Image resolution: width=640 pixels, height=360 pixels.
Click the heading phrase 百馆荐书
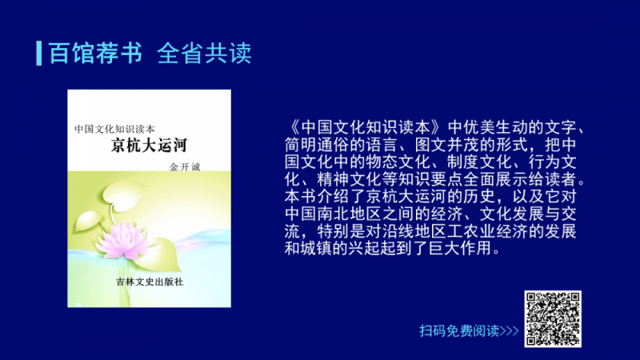pos(95,53)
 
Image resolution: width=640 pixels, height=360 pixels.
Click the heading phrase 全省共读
pos(204,53)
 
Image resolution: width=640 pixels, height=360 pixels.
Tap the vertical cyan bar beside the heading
pos(38,53)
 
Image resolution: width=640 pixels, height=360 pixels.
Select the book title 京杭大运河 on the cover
pos(149,146)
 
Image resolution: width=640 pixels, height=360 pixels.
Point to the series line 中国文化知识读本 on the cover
pos(114,129)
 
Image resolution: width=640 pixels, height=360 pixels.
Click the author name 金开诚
pos(185,166)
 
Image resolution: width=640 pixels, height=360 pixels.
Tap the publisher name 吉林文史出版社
pos(150,282)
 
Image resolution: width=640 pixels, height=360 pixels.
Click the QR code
pos(553,318)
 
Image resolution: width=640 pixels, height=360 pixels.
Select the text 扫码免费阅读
pos(459,330)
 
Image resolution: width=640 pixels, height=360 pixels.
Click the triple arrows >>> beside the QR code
pos(510,330)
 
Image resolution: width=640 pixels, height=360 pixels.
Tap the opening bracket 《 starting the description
pos(293,127)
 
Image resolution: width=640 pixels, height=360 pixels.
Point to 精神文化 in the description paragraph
pos(349,179)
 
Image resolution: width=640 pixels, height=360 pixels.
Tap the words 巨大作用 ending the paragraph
pos(461,248)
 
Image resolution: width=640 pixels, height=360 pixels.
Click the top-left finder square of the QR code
pos(532,298)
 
